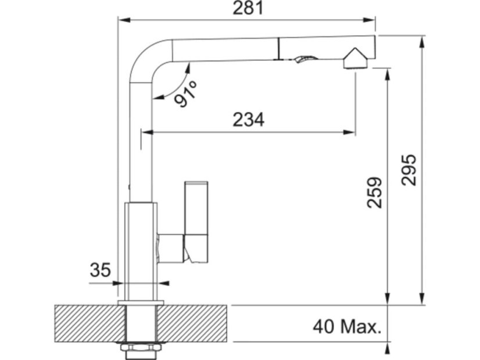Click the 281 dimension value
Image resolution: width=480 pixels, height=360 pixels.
coord(248,8)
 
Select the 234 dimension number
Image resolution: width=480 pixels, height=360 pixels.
coord(248,120)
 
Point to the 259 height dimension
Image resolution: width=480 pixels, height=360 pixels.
coord(375,193)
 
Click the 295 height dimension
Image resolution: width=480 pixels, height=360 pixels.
coord(409,170)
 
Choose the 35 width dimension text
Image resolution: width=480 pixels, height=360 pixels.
coord(100,270)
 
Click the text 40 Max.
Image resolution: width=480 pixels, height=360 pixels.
coord(347,327)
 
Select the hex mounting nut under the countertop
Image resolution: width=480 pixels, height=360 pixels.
coord(141,348)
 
